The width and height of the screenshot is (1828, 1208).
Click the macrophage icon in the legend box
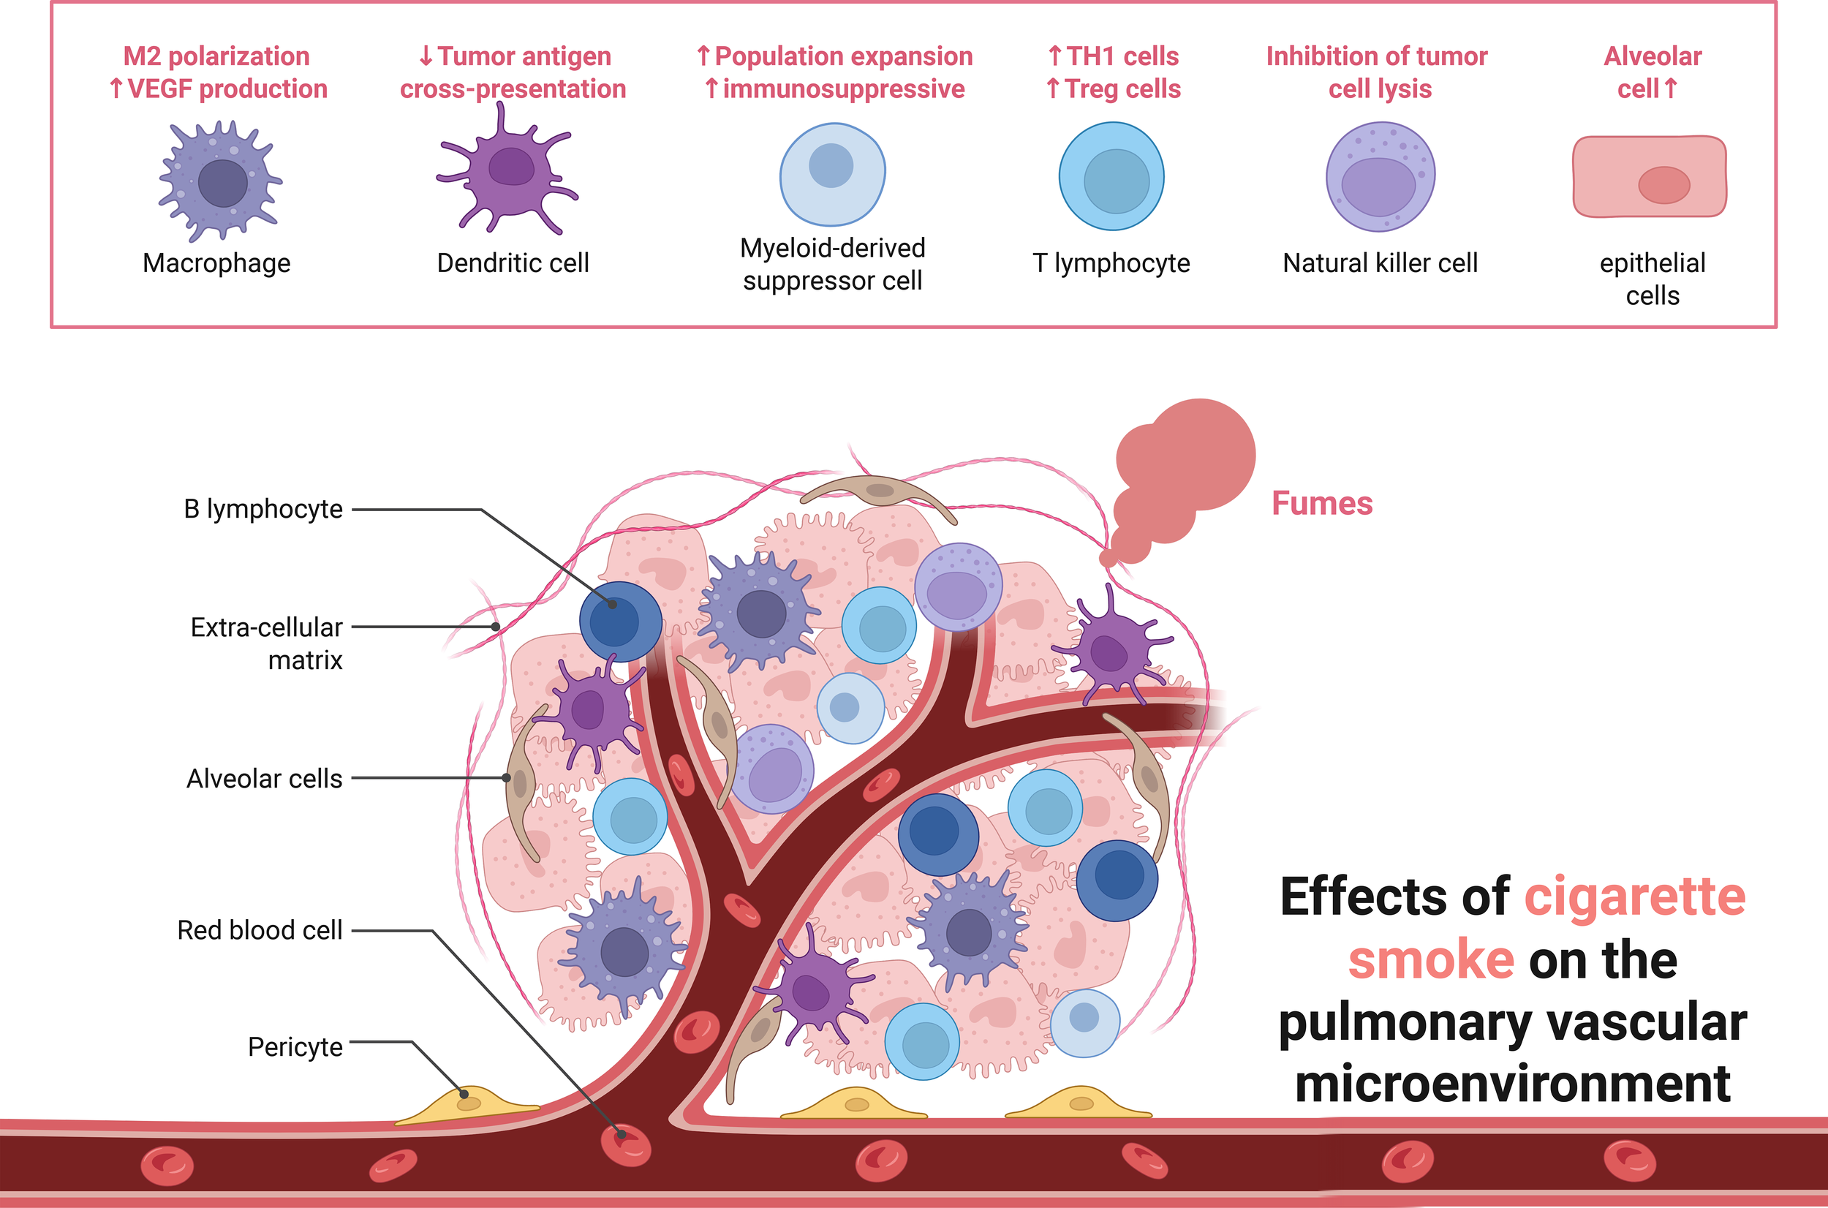click(x=221, y=181)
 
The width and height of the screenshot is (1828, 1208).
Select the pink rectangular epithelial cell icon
click(x=1650, y=177)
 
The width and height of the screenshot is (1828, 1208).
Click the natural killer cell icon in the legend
click(x=1380, y=177)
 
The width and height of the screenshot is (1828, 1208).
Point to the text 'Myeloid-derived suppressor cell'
click(x=833, y=264)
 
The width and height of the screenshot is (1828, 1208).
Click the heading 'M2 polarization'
click(x=216, y=56)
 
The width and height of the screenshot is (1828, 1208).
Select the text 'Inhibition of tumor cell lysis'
click(x=1378, y=72)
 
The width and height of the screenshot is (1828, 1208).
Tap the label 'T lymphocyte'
click(x=1111, y=263)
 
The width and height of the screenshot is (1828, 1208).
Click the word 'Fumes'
click(x=1322, y=504)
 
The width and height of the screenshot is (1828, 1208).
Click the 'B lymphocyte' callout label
click(x=263, y=509)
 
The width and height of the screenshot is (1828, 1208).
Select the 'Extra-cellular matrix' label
click(x=268, y=643)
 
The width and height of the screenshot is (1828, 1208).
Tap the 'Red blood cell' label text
click(x=260, y=931)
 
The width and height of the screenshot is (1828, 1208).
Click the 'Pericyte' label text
click(x=295, y=1047)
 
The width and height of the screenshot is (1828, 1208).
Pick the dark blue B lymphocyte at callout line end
click(x=620, y=621)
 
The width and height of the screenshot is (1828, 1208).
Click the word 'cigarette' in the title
click(x=1635, y=896)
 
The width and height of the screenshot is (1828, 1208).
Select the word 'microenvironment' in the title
click(x=1512, y=1083)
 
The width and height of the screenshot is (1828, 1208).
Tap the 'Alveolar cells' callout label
click(x=264, y=779)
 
